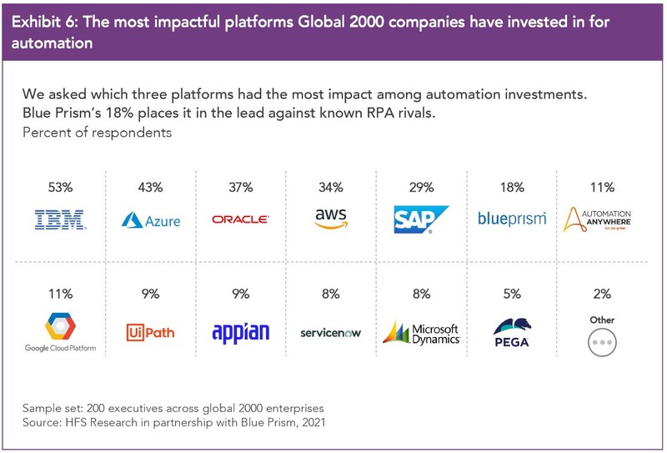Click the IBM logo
coord(60,219)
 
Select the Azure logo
coord(151,220)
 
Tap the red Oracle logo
coord(240,219)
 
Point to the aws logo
coord(331,219)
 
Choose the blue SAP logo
coord(421,219)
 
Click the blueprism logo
coord(512,219)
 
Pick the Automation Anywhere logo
coord(597,219)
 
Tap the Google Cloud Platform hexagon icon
coord(60,326)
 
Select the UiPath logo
coord(151,332)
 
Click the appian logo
coord(241,333)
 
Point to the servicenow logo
coord(330,333)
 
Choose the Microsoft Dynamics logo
coord(421,333)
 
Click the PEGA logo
coord(512,333)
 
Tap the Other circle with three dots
coord(602,342)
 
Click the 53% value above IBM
coord(60,188)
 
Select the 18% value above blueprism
coord(512,188)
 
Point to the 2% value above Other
coord(602,294)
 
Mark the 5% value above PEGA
coord(512,294)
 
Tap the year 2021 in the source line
coord(313,422)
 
